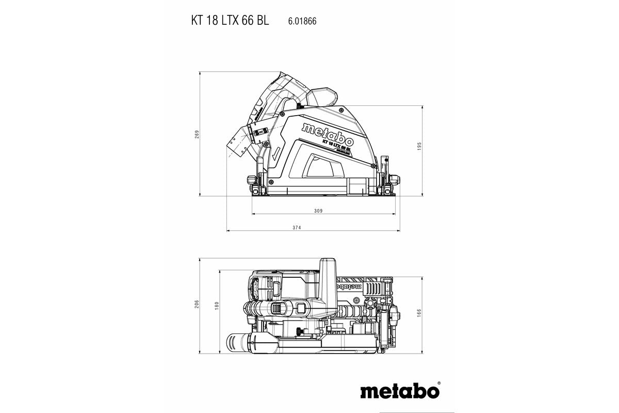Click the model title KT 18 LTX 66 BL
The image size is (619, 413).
230,21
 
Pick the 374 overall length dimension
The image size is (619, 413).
311,228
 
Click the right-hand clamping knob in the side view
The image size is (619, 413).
396,180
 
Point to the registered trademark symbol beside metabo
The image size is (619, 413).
439,384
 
